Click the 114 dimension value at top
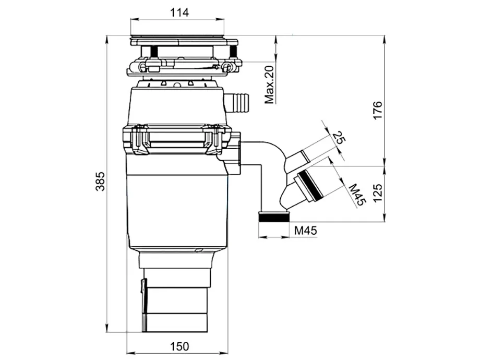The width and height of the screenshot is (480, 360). (179, 13)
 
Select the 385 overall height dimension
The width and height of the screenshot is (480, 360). (100, 181)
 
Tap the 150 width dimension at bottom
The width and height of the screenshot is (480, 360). (179, 346)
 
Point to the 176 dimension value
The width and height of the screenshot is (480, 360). (378, 110)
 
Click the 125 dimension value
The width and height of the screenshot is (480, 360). (378, 193)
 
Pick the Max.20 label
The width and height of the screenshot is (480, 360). (269, 85)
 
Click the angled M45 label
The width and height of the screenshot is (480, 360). (357, 195)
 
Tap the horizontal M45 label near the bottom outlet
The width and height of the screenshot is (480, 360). (306, 231)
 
